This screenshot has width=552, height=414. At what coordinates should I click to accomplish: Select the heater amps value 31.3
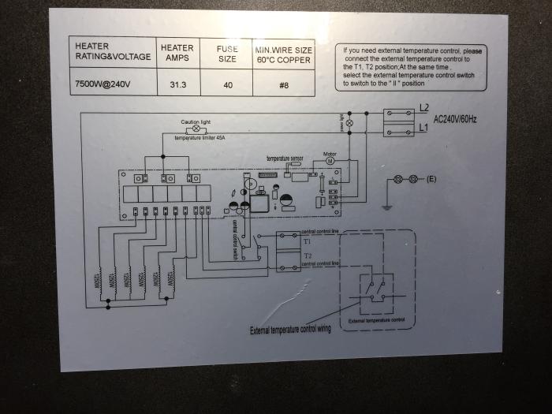coord(177,83)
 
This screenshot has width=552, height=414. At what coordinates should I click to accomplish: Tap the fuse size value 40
coord(227,83)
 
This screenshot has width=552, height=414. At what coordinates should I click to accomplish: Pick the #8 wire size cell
coord(284,83)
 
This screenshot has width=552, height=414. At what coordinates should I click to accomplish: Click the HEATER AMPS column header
coord(177,53)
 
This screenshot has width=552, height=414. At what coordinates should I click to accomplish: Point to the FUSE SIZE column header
coord(227,53)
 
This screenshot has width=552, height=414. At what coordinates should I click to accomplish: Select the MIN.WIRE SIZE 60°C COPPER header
coord(284,53)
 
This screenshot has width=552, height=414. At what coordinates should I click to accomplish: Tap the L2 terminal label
coord(423,107)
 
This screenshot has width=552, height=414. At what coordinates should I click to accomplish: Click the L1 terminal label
coord(423,125)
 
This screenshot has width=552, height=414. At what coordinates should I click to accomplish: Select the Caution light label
coord(196,121)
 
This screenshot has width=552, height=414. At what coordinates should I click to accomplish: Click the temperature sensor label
coord(285,159)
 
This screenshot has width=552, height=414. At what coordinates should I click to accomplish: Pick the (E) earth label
coord(431,180)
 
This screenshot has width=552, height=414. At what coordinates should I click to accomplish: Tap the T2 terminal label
coord(307,257)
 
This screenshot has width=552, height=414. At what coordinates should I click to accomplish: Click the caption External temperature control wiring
coord(290,329)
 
